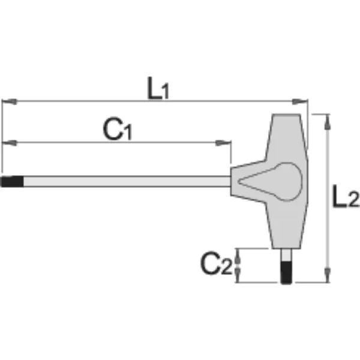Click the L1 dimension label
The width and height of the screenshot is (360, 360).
(x=158, y=88)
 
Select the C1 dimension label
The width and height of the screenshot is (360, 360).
(x=118, y=129)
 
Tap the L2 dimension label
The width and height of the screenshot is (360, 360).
(x=346, y=197)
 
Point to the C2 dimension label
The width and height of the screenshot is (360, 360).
(x=217, y=263)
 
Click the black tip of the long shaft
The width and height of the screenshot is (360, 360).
(x=12, y=181)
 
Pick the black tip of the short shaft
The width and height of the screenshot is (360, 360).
(x=286, y=272)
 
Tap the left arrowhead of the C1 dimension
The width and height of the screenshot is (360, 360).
(x=10, y=143)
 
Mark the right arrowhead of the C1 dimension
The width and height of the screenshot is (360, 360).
(x=223, y=143)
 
